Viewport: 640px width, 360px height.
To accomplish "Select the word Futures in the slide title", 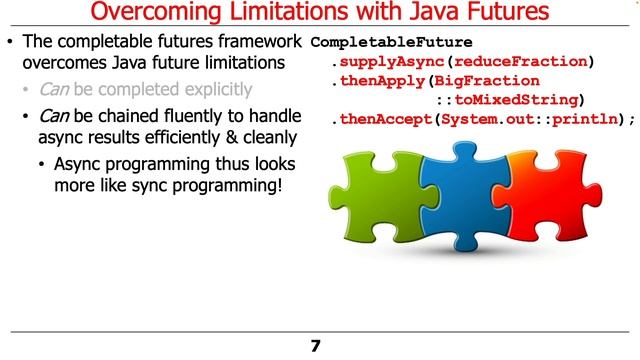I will click(x=496, y=14).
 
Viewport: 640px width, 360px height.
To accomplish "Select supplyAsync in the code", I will click(x=389, y=62).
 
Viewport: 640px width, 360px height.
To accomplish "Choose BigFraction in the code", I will click(x=491, y=81).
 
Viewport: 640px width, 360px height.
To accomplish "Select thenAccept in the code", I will click(x=384, y=119).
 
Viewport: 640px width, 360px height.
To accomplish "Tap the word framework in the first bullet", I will click(x=258, y=42).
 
